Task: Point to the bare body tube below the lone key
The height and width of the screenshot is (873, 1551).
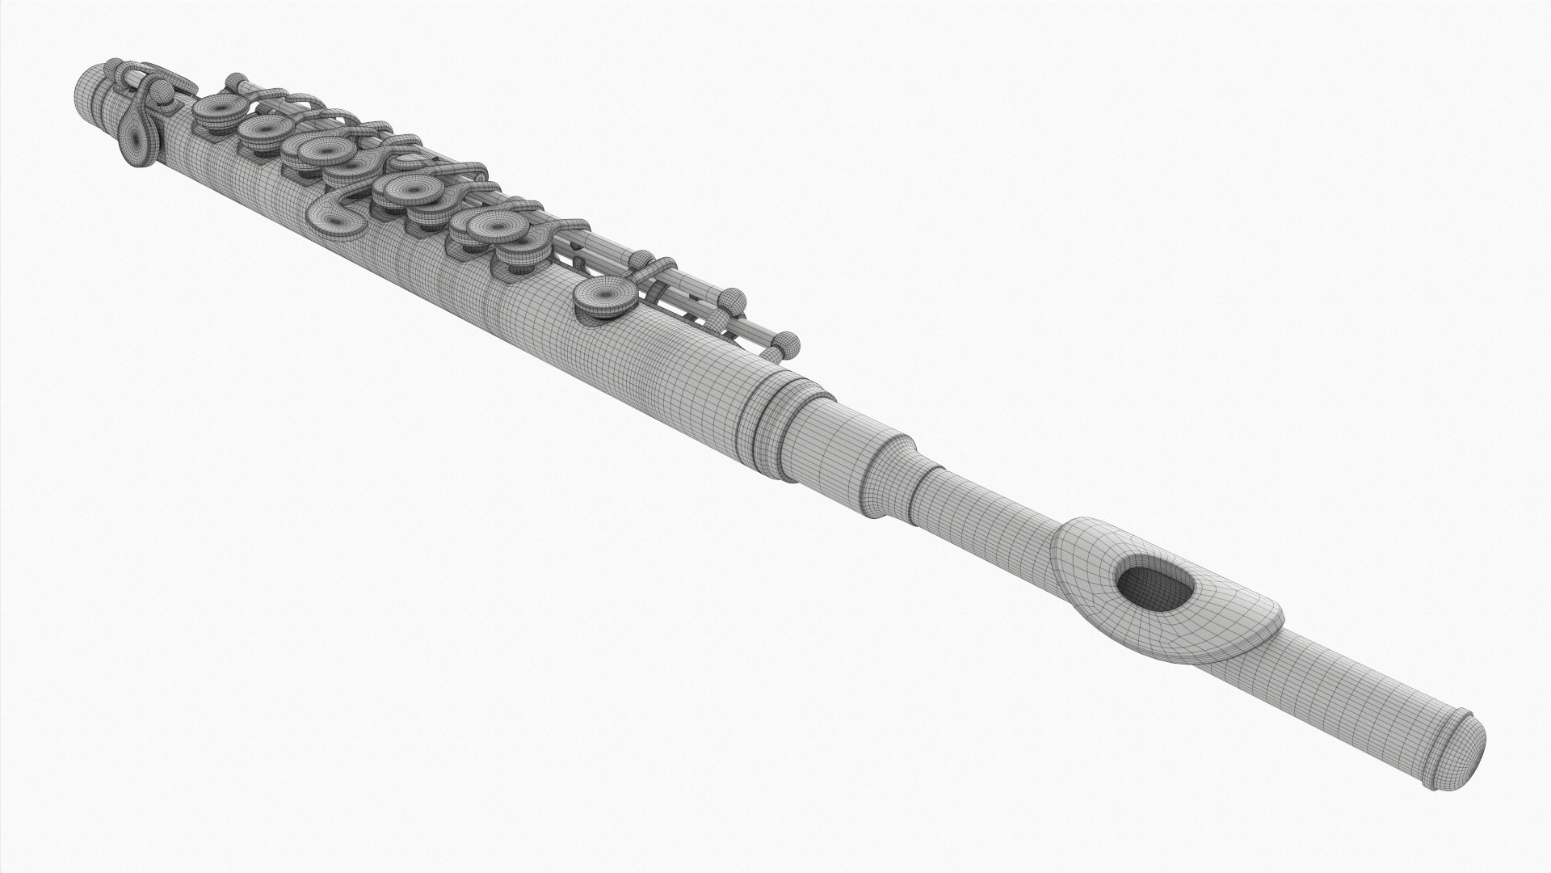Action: [x=565, y=356]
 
